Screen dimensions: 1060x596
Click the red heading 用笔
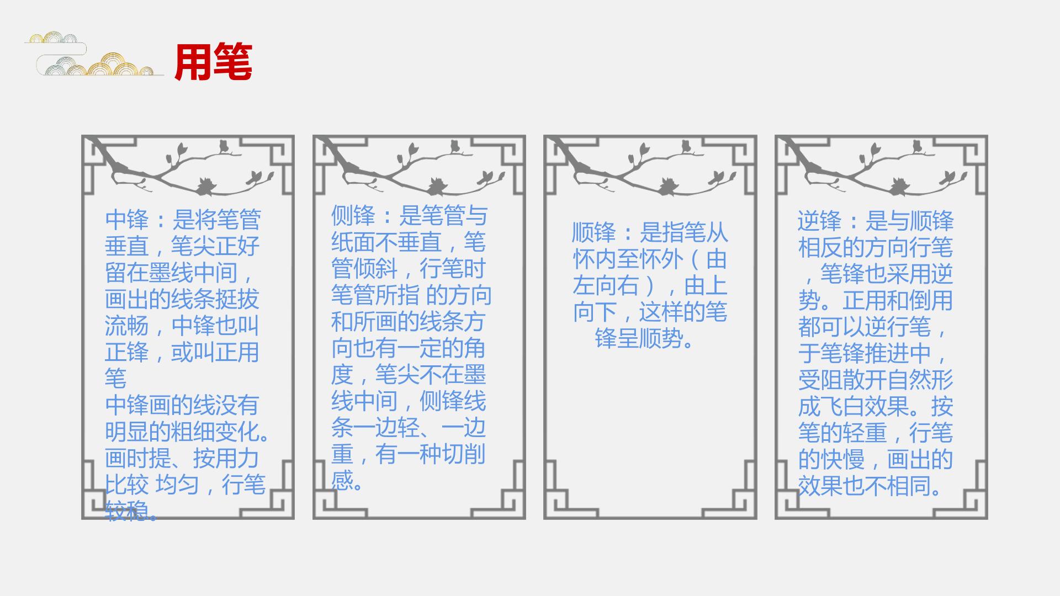tap(213, 62)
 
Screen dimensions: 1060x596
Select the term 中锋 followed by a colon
tap(139, 220)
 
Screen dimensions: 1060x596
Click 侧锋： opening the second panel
tap(365, 215)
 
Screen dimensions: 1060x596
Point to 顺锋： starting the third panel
tap(606, 232)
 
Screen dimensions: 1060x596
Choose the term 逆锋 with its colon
tap(831, 221)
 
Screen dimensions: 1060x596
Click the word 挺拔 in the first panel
tap(237, 299)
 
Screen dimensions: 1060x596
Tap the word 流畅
tap(127, 326)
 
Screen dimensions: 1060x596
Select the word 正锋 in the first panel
tap(127, 352)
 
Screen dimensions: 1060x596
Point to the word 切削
tap(464, 454)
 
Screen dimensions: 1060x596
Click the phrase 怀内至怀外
tap(628, 259)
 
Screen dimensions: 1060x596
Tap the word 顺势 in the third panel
tap(661, 338)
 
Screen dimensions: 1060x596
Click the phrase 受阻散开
tap(842, 380)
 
